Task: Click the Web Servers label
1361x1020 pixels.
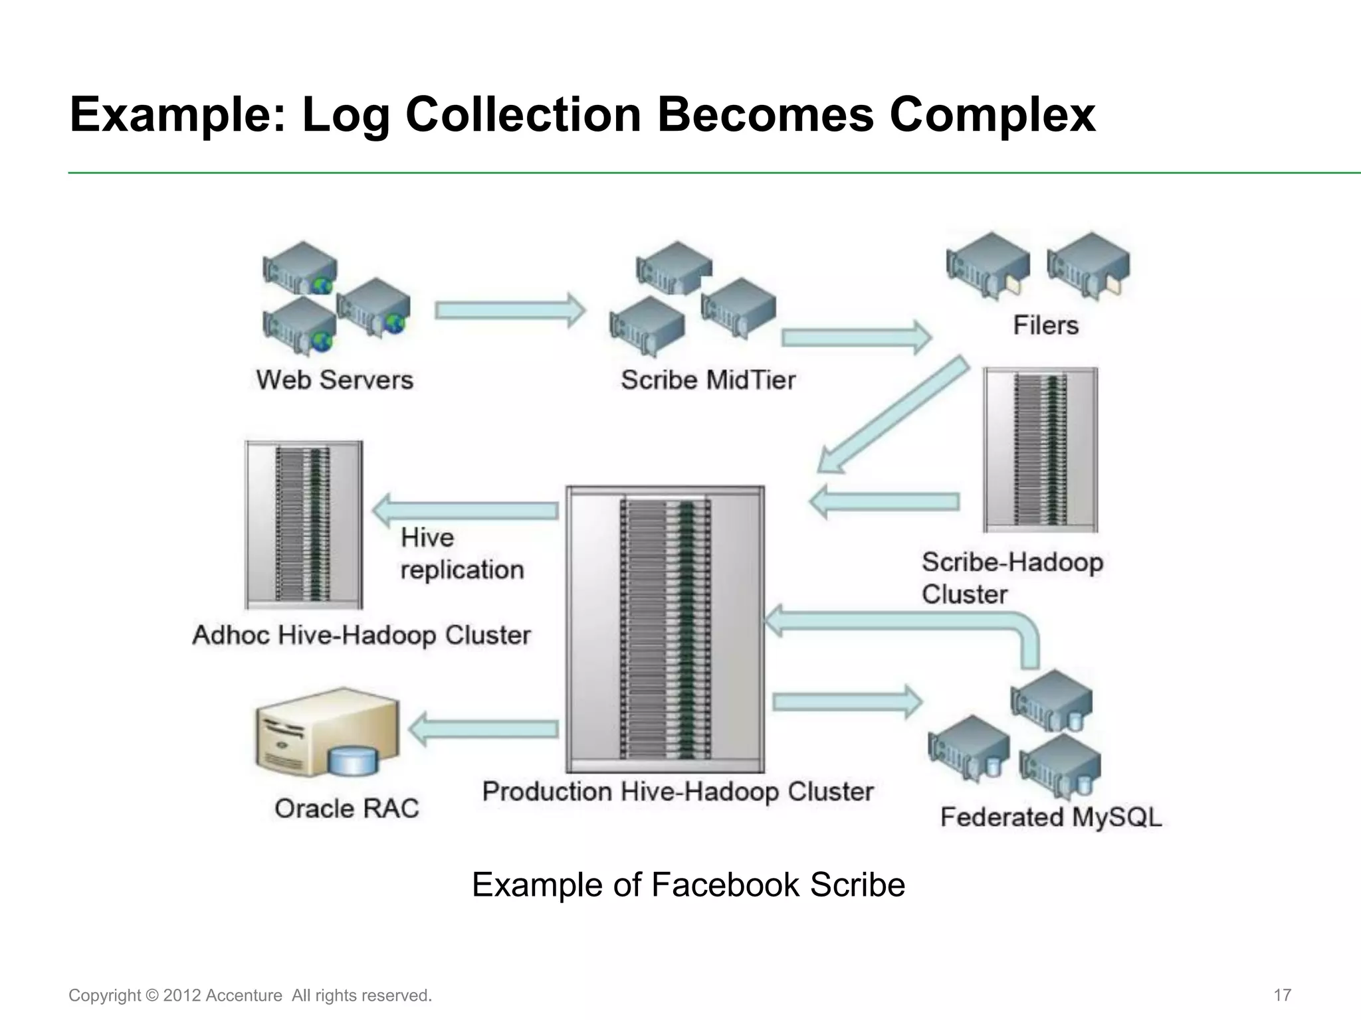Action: (334, 380)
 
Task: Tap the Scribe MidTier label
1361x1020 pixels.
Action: (708, 380)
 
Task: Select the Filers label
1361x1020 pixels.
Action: (1045, 325)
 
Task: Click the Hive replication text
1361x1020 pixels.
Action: (462, 553)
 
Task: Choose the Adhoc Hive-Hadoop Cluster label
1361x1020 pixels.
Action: (362, 636)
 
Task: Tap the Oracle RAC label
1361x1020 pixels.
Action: (346, 808)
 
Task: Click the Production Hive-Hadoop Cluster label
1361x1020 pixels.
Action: (677, 792)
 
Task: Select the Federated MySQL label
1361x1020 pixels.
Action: (1051, 817)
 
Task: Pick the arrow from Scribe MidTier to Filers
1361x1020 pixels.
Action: (856, 337)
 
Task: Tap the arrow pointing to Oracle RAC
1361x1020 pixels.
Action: (484, 729)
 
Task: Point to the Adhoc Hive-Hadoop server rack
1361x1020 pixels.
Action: (304, 525)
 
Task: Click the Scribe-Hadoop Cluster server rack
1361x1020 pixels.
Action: (1040, 450)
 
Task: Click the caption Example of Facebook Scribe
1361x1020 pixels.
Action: (688, 885)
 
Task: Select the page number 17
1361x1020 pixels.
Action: (1282, 995)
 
